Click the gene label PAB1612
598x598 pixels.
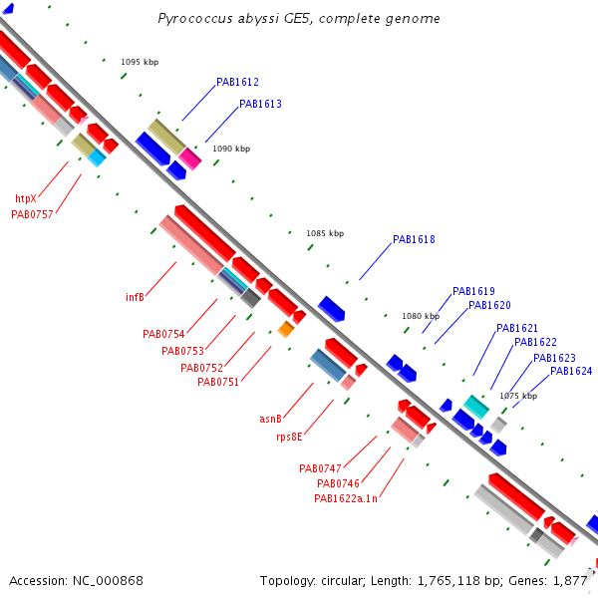pos(237,82)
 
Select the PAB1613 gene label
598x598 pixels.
pos(260,104)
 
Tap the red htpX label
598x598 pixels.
pos(26,198)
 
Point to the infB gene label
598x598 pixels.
pos(135,297)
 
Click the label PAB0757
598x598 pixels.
pos(32,214)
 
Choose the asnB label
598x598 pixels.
pos(270,419)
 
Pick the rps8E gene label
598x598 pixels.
pos(289,437)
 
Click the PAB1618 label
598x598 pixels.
pos(414,239)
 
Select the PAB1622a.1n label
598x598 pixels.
pos(346,498)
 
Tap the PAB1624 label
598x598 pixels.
pos(571,371)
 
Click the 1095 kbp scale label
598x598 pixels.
pos(140,62)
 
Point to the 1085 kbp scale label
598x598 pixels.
pos(325,233)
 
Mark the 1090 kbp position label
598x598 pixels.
pos(231,149)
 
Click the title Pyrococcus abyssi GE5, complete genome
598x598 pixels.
pos(299,18)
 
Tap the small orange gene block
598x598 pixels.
pos(286,329)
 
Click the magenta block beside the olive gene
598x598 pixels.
pos(190,158)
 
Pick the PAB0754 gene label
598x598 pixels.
pos(163,334)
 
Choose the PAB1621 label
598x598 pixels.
pos(516,328)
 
